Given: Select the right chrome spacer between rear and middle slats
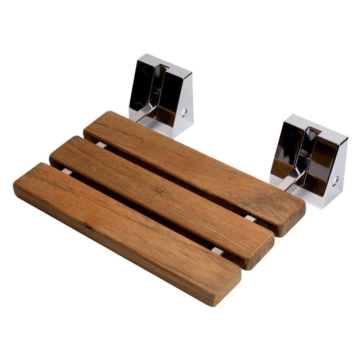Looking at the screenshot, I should point(251,219).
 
